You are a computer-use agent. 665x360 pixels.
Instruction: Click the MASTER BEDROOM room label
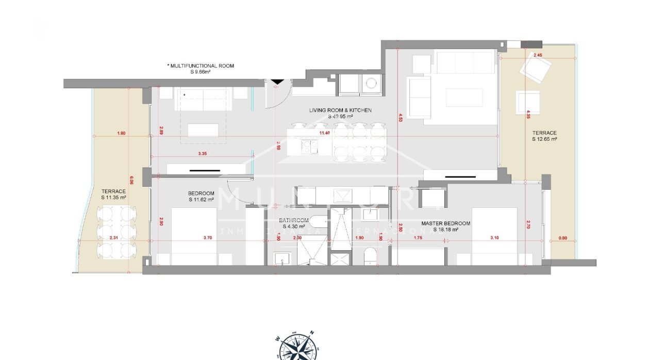click(x=445, y=223)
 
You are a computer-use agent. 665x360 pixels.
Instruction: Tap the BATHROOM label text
click(x=294, y=220)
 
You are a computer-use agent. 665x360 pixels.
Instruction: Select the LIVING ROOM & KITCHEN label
click(x=340, y=110)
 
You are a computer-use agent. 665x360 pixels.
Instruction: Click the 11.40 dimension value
click(x=324, y=133)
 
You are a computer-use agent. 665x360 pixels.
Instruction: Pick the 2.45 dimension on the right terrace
click(x=538, y=55)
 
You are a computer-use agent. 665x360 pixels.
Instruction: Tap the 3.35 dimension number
click(x=202, y=154)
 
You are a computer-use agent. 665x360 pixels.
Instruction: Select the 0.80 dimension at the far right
click(x=562, y=238)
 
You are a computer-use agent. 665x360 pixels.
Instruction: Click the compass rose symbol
click(x=293, y=347)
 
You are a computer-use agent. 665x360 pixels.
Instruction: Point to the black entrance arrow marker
click(x=277, y=81)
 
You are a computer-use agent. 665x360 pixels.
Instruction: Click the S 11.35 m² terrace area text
click(x=114, y=197)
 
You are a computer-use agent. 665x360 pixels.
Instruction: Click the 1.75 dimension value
click(x=418, y=238)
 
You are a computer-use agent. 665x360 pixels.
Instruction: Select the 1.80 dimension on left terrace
click(x=121, y=133)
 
